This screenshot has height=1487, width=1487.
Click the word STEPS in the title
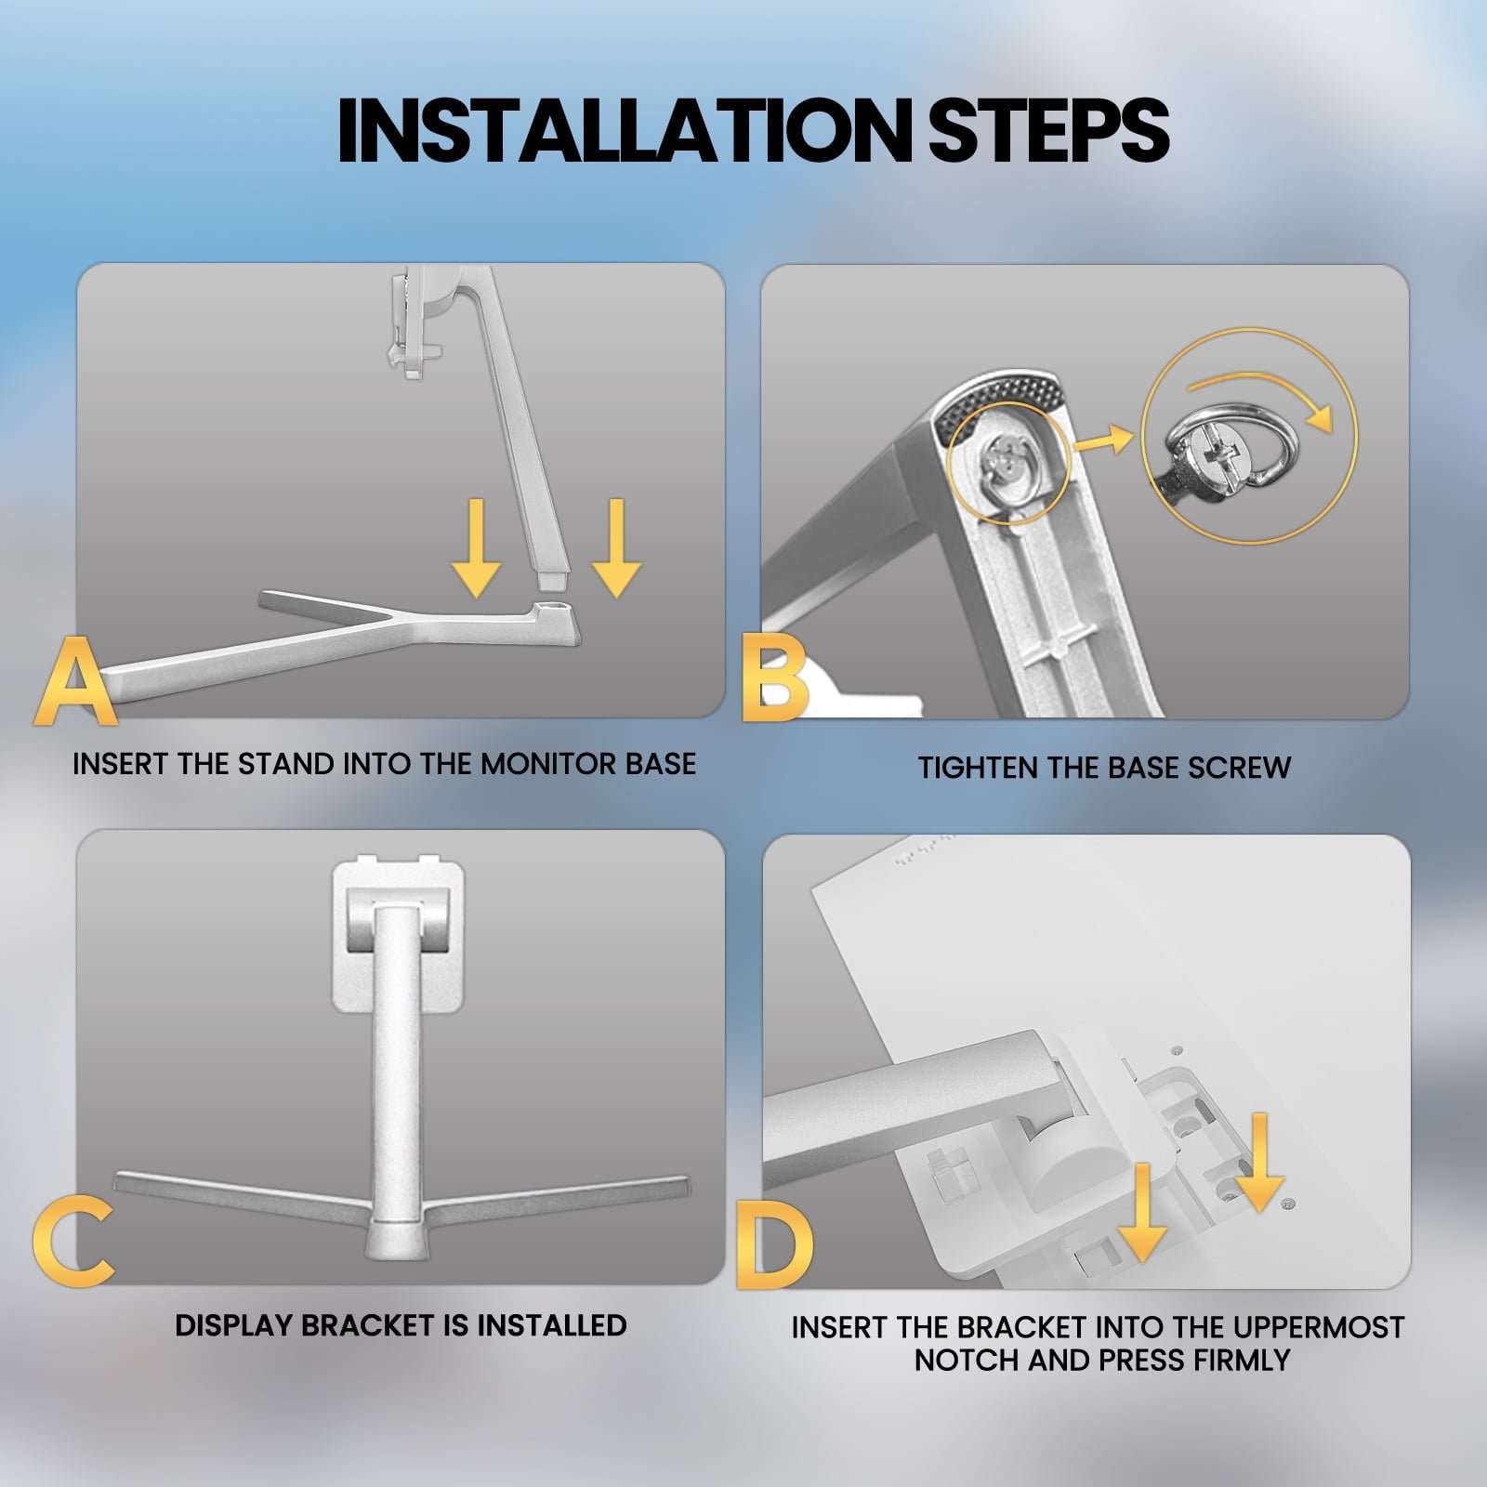(1049, 130)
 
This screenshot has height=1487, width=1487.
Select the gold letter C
(72, 1243)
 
